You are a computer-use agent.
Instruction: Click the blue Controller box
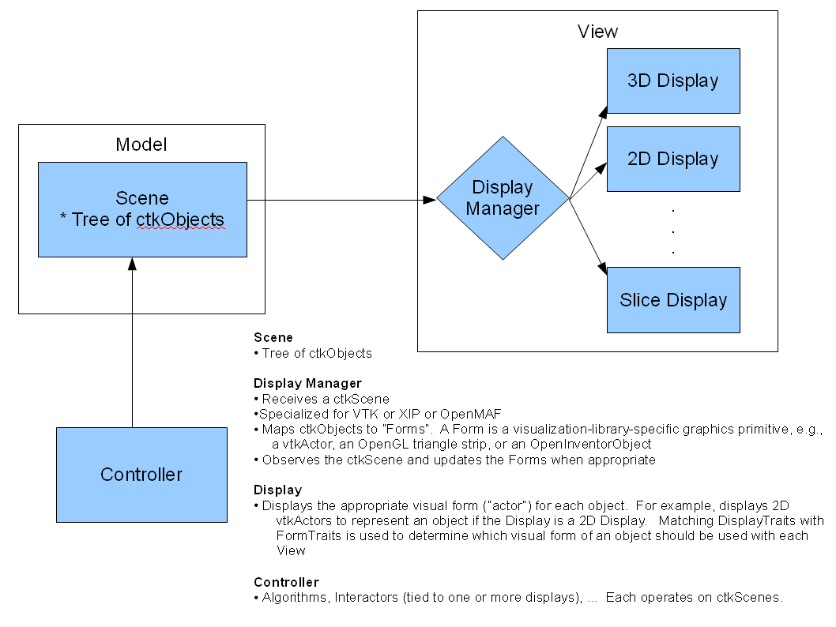pyautogui.click(x=141, y=475)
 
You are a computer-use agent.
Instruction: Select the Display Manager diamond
pyautogui.click(x=503, y=198)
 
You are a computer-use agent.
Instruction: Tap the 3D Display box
pyautogui.click(x=672, y=81)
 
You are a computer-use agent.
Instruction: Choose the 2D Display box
pyautogui.click(x=672, y=159)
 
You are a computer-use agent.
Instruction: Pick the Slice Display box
pyautogui.click(x=672, y=300)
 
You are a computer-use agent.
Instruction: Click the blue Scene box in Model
pyautogui.click(x=142, y=209)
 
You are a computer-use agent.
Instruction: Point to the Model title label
pyautogui.click(x=141, y=145)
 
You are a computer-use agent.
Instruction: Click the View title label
pyautogui.click(x=597, y=32)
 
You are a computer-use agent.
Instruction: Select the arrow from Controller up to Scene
pyautogui.click(x=132, y=347)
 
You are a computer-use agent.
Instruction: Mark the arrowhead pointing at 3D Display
pyautogui.click(x=602, y=110)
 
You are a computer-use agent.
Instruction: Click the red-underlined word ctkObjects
pyautogui.click(x=180, y=220)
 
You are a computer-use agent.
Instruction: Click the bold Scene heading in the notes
pyautogui.click(x=273, y=337)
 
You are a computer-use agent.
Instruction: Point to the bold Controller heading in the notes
pyautogui.click(x=286, y=582)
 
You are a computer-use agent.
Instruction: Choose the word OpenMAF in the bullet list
pyautogui.click(x=476, y=414)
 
